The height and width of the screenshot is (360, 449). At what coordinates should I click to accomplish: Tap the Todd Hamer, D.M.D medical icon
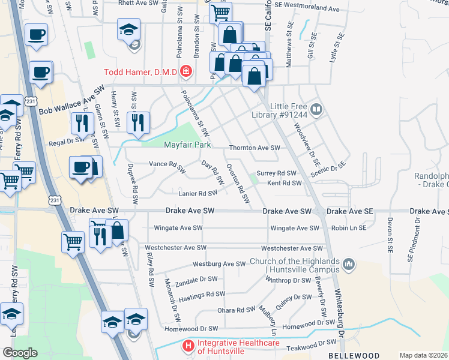coord(186,72)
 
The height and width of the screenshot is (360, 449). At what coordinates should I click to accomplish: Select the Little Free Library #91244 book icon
coord(317,110)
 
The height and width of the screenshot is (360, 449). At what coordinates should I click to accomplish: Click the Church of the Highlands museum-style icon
coord(349,263)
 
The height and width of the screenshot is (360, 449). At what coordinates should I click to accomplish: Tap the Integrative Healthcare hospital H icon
coord(188,346)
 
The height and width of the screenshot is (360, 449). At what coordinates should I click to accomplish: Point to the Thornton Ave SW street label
coord(255,148)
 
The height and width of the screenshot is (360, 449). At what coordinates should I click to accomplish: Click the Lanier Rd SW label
coord(197,193)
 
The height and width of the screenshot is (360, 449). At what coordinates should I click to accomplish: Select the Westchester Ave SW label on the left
coord(172,247)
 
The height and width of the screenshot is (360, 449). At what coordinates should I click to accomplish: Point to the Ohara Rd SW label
coord(237,310)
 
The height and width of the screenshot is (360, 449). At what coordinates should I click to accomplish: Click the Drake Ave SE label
coord(350,211)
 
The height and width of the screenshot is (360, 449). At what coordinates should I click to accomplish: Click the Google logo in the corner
coord(20,353)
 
